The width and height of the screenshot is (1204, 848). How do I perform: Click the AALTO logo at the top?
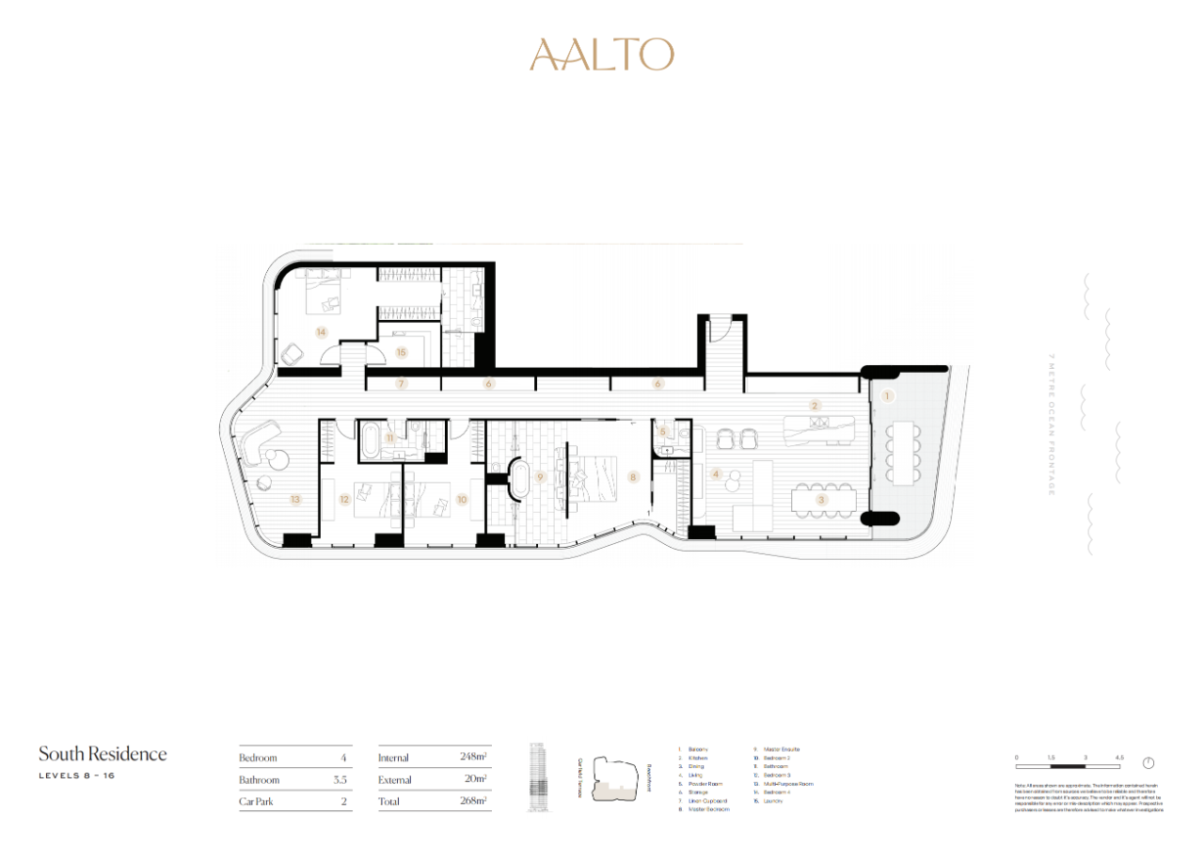[602, 55]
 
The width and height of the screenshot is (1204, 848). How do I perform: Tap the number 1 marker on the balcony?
[886, 397]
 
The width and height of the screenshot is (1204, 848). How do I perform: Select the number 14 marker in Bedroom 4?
[321, 331]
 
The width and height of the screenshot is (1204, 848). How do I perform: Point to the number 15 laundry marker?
[402, 352]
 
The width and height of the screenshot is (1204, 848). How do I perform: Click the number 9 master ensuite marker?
[540, 477]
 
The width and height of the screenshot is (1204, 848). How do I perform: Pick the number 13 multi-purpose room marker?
[295, 499]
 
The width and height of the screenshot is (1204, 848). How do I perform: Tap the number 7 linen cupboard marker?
[402, 383]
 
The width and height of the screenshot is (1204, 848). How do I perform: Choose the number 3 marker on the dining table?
[821, 500]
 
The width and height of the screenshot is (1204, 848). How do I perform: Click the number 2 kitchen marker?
[816, 406]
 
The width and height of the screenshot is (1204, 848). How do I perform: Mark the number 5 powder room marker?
[663, 432]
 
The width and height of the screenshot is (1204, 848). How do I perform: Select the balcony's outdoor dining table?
[903, 452]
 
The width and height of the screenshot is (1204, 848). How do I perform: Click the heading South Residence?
[103, 754]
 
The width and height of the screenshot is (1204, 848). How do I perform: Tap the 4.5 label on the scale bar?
[1119, 757]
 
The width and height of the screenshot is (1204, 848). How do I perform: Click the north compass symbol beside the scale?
[1149, 763]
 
